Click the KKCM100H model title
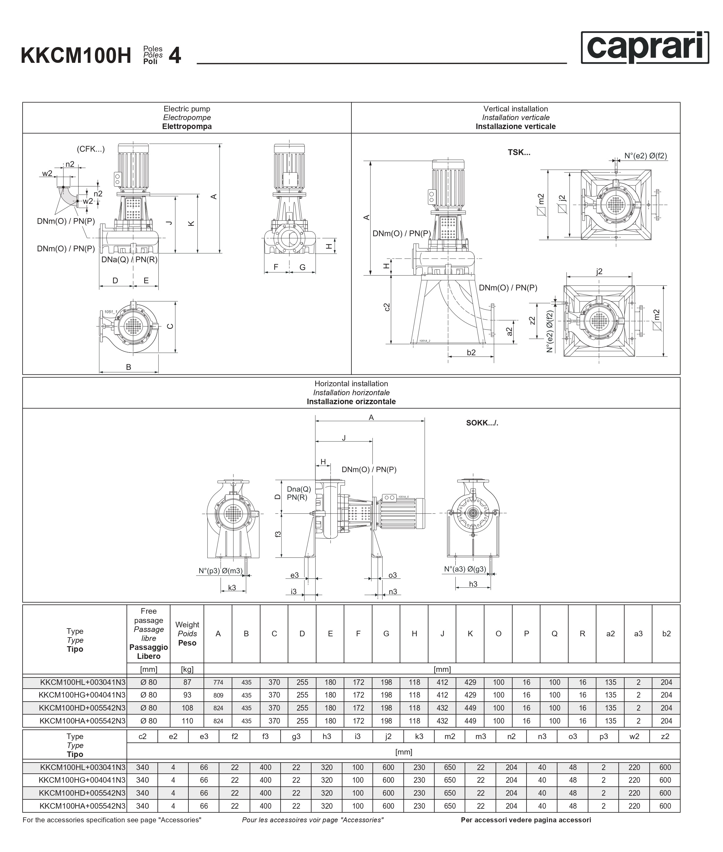[76, 56]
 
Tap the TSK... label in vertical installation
[519, 152]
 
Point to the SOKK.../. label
[482, 423]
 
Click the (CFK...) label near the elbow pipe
[91, 149]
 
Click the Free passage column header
[148, 634]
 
